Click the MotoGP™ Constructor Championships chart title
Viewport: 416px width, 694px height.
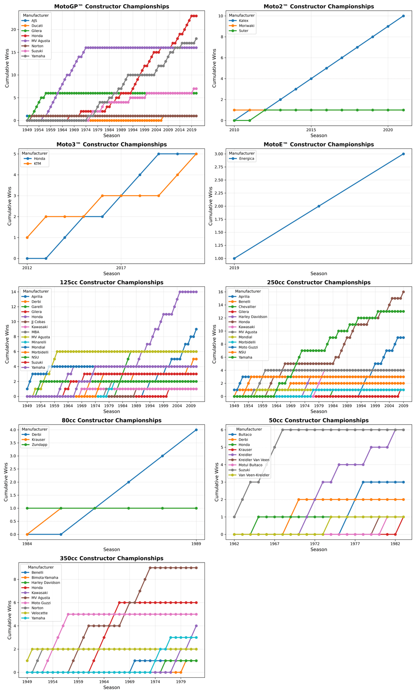tap(112, 7)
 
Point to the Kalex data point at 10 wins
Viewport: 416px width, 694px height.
tap(403, 16)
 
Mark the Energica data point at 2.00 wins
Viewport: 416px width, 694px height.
tap(319, 206)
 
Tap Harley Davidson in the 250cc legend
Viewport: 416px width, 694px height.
tap(256, 317)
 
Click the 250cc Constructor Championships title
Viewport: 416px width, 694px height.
tap(319, 282)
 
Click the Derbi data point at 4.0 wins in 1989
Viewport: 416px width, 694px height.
tap(196, 430)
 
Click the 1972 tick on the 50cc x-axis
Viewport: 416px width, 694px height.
tap(315, 544)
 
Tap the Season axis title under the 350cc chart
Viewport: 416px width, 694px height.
tap(112, 687)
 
